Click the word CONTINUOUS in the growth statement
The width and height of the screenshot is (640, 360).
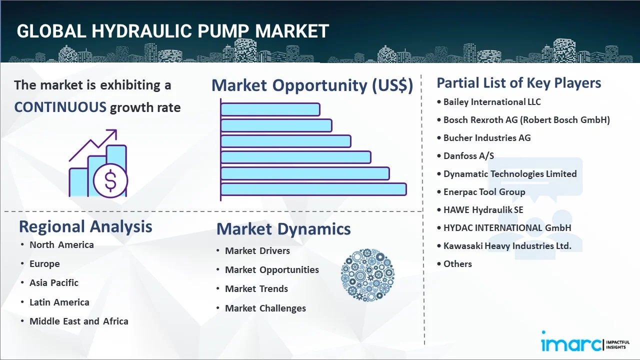point(60,107)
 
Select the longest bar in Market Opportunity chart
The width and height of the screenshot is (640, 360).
point(313,189)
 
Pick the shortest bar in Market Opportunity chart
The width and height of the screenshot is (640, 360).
point(270,109)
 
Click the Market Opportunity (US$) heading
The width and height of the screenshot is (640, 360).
point(312,85)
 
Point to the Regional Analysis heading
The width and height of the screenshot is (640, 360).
point(85,226)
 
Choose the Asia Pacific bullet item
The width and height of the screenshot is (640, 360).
point(54,283)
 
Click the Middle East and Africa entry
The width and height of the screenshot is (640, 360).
point(79,321)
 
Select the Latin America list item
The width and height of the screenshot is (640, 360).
point(59,302)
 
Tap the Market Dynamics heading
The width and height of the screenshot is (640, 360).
point(283,229)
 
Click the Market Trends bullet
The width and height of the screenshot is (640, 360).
point(256,289)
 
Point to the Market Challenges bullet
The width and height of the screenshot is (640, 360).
point(265,308)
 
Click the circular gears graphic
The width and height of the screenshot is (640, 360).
point(367,275)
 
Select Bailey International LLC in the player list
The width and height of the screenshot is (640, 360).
point(492,102)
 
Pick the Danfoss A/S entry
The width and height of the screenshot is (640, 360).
point(468,156)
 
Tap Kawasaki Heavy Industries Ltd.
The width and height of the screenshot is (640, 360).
point(507,246)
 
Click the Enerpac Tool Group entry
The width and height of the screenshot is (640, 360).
point(484,192)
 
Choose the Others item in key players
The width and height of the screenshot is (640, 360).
point(457,264)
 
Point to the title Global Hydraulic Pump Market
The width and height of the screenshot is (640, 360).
point(172,31)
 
